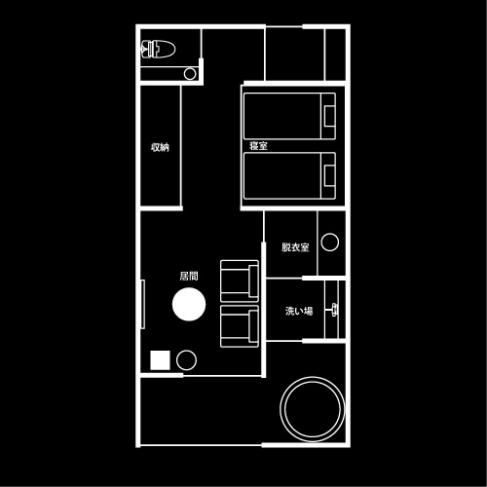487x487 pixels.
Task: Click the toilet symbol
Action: tap(158, 50)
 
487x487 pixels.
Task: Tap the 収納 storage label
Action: tap(160, 147)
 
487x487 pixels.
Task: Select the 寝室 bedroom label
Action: tap(258, 146)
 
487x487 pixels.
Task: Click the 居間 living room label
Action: tap(189, 276)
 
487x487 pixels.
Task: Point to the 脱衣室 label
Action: tap(295, 247)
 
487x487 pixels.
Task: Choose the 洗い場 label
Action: tap(299, 311)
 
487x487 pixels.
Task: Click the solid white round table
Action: tap(189, 304)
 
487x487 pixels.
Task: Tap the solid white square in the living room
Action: tap(160, 360)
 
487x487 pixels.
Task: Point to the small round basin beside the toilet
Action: tap(190, 74)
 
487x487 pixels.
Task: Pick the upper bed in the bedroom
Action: tap(289, 116)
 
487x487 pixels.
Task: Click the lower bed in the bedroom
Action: tap(289, 175)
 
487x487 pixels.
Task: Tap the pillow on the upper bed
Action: tap(330, 116)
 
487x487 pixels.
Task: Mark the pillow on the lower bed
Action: tap(330, 175)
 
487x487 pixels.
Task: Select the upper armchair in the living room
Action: tap(240, 281)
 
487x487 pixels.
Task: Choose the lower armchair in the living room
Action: tap(240, 326)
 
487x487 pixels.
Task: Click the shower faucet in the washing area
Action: tap(334, 310)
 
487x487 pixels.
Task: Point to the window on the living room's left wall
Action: tap(142, 304)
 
